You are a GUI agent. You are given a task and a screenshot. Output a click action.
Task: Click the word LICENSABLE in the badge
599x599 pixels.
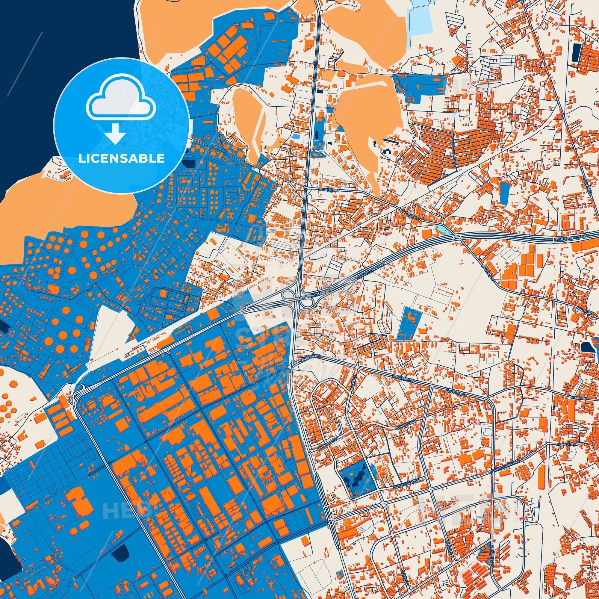point(121,158)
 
